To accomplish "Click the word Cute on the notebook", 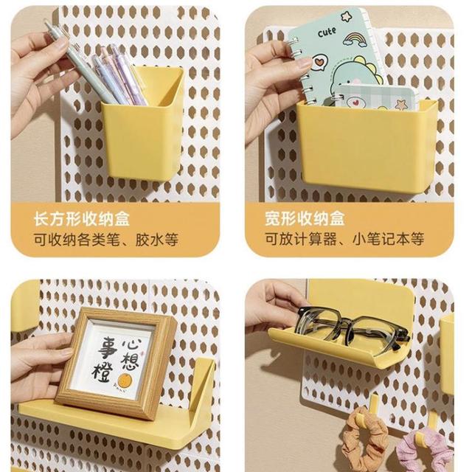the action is pos(327,32).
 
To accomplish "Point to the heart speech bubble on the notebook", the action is pos(317,63).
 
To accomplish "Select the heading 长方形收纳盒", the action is pos(81,219).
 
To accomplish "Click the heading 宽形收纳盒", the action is pos(305,218).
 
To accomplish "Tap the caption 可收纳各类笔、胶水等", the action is pos(105,240).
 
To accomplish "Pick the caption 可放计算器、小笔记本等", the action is pos(344,239).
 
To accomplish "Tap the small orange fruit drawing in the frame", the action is pos(124,381).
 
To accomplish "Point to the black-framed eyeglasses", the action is pos(353,329).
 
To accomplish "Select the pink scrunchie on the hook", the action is pos(425,448).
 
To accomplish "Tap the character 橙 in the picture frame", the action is pos(103,372).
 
